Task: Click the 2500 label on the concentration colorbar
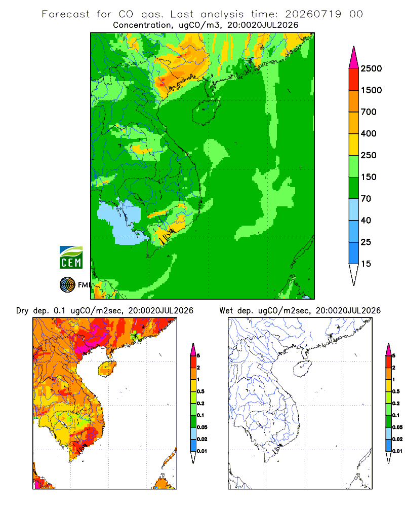[371, 68]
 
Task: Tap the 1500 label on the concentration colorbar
[371, 90]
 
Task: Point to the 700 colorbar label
[369, 112]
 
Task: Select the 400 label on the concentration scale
[369, 133]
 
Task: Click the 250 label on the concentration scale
[369, 155]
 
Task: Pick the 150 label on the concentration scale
[369, 177]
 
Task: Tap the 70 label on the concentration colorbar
[366, 199]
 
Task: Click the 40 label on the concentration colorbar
[366, 220]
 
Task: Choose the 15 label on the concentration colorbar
[366, 264]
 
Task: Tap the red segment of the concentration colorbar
[354, 80]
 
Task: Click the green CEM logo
[71, 258]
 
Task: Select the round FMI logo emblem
[67, 285]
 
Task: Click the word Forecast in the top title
[66, 14]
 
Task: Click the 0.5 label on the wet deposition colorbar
[396, 391]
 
